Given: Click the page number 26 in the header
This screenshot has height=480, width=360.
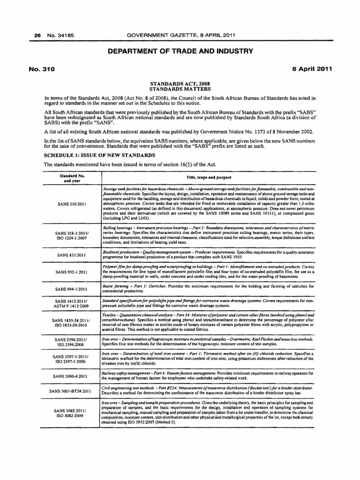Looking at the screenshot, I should (x=32, y=35).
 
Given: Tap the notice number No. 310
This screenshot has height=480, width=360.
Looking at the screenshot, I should (x=42, y=69).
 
